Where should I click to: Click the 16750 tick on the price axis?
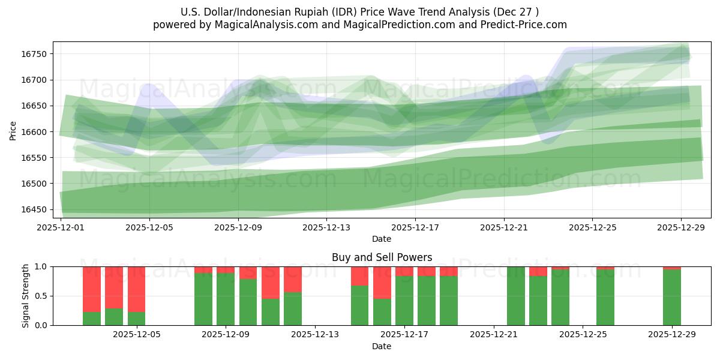pyautogui.click(x=37, y=54)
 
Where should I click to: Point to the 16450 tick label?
pyautogui.click(x=37, y=209)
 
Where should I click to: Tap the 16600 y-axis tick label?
pyautogui.click(x=37, y=132)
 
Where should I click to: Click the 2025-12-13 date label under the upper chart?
pyautogui.click(x=326, y=227)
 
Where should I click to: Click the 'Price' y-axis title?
pyautogui.click(x=13, y=131)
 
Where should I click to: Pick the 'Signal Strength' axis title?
pyautogui.click(x=25, y=296)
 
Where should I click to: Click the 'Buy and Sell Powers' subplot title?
pyautogui.click(x=382, y=257)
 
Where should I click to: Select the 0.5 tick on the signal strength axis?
pyautogui.click(x=42, y=296)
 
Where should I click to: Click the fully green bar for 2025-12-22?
pyautogui.click(x=515, y=296)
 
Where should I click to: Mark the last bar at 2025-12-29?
pyautogui.click(x=671, y=297)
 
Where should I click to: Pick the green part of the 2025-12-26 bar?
pyautogui.click(x=605, y=298)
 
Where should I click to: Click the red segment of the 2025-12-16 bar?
pyautogui.click(x=382, y=282)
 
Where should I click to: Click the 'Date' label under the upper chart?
pyautogui.click(x=382, y=239)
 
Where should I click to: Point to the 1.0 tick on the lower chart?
pyautogui.click(x=42, y=266)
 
